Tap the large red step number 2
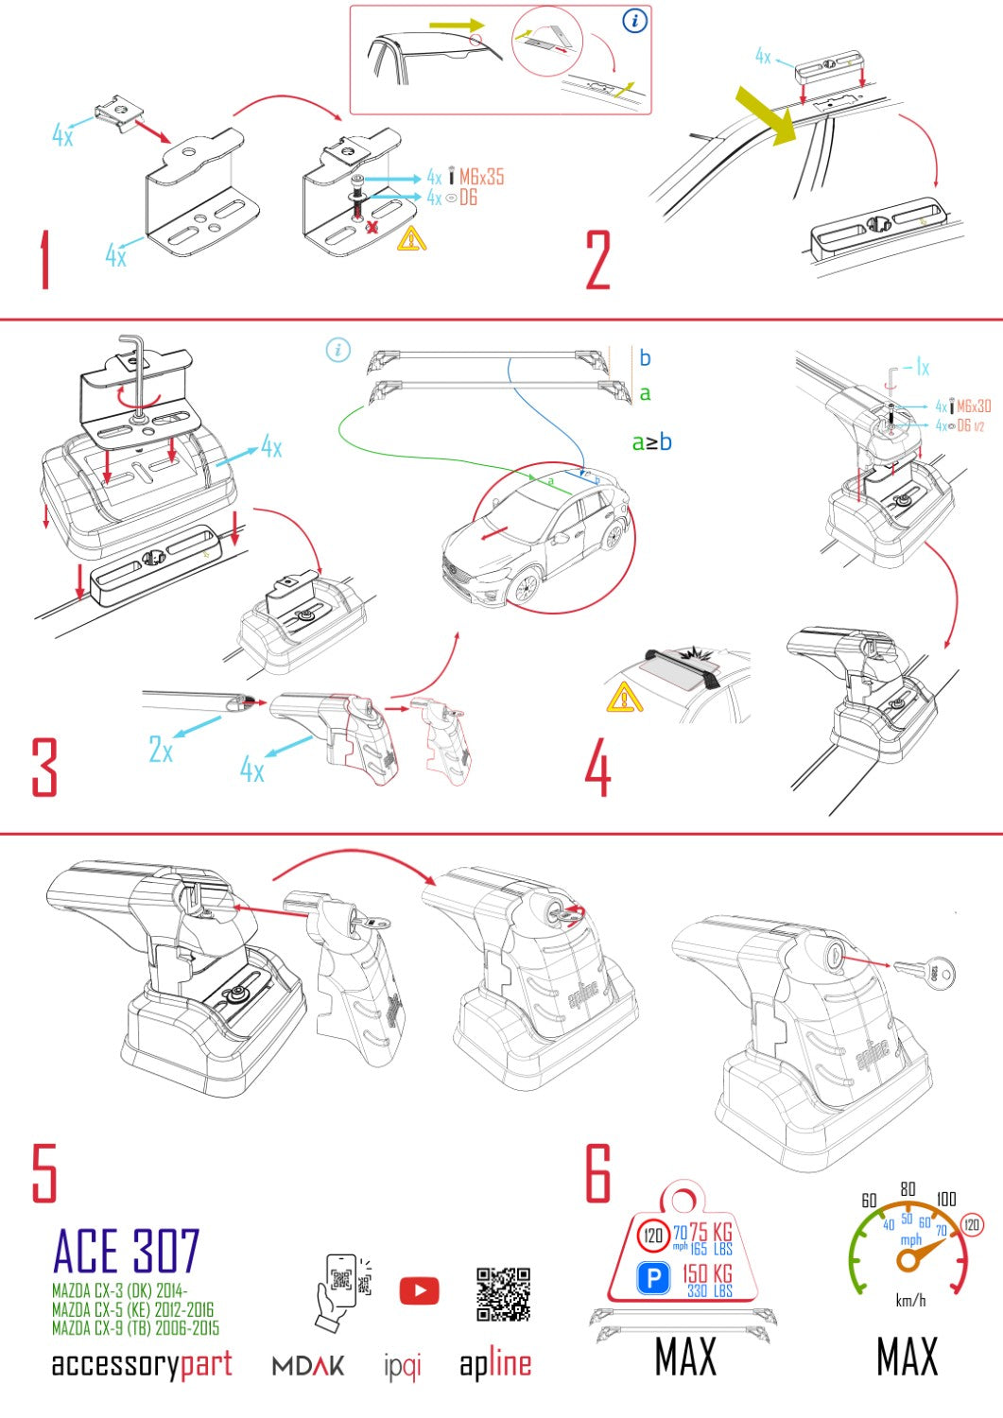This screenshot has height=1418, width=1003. [598, 260]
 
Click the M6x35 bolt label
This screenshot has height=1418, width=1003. [481, 177]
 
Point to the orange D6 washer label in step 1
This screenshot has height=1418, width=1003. [468, 198]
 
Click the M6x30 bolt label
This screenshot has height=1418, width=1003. [973, 406]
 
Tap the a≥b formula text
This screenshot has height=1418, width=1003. [651, 441]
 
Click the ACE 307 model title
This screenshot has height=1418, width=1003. [127, 1252]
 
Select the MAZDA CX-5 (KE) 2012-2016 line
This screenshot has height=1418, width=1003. [133, 1310]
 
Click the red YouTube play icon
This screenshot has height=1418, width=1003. [419, 1291]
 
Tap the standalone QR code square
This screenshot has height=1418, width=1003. [503, 1294]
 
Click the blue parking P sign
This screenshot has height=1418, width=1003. [653, 1279]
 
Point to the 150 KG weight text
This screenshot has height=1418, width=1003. [707, 1273]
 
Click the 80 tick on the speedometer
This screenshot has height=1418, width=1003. [908, 1189]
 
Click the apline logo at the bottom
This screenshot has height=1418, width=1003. [495, 1364]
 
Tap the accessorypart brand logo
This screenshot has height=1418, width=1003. [142, 1364]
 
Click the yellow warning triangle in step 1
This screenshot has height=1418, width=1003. [411, 238]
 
